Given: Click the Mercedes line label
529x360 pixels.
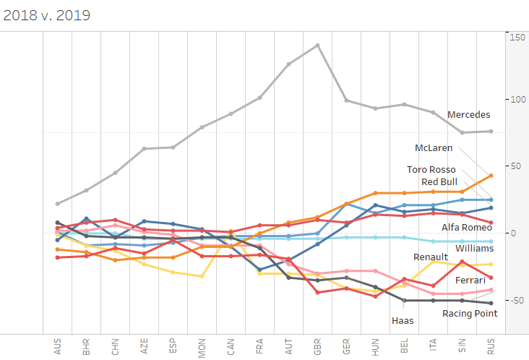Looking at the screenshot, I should tap(468, 114).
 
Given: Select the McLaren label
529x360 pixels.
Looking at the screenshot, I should tap(434, 147).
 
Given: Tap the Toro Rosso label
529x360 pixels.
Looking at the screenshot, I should tap(432, 170).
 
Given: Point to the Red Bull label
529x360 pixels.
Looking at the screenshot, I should tap(439, 181).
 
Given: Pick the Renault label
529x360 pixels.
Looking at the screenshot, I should tap(431, 257).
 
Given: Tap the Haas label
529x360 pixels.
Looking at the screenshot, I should tap(403, 321).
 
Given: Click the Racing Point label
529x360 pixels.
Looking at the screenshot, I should tap(470, 313).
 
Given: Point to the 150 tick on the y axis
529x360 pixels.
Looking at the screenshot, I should tap(517, 37).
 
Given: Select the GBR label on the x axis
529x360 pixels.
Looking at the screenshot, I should tap(317, 346).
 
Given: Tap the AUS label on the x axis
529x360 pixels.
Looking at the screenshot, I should tap(57, 346).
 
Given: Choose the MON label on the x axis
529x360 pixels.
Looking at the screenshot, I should tap(202, 346).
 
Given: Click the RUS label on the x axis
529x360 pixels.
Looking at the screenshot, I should tap(491, 346).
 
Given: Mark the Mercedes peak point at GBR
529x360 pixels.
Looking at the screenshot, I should tap(317, 45).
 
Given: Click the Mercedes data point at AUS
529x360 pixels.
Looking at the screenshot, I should tap(57, 204).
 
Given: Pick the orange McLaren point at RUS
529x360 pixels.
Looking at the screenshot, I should tap(491, 176).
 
